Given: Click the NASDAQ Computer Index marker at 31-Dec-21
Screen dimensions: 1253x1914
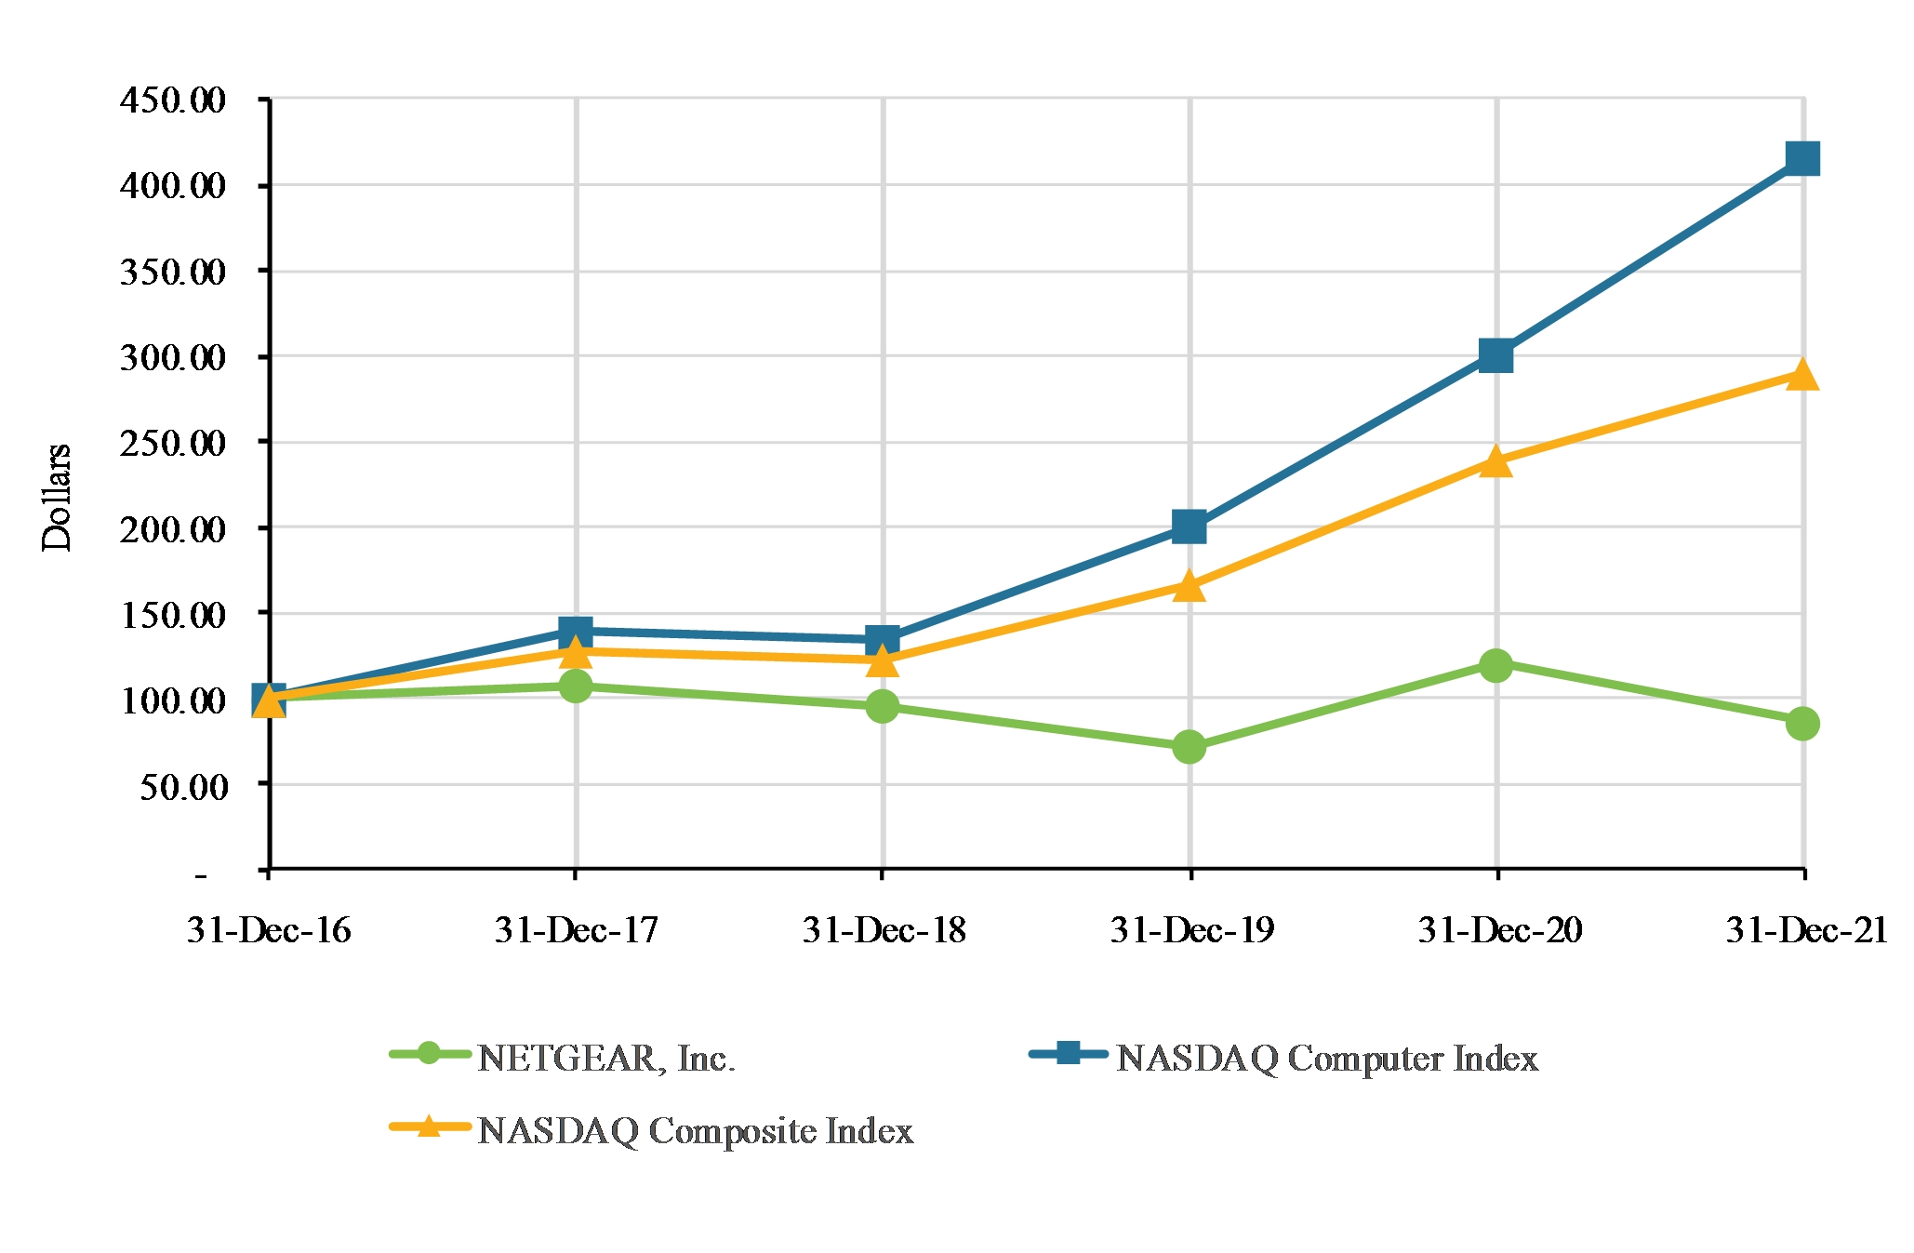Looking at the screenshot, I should (x=1802, y=159).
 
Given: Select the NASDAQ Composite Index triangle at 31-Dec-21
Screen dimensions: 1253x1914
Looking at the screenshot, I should (x=1802, y=375).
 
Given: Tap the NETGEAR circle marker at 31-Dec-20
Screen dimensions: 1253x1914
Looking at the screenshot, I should (x=1495, y=664).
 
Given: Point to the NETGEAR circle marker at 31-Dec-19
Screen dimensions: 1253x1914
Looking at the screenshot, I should (x=1190, y=746).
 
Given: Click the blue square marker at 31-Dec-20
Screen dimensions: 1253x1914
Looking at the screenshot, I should (x=1495, y=355).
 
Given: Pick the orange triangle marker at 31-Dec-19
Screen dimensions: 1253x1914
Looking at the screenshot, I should (x=1190, y=586).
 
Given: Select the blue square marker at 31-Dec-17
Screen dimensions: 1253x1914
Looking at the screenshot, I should (x=576, y=632).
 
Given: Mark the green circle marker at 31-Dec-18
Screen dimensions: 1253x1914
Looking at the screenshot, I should (x=882, y=706).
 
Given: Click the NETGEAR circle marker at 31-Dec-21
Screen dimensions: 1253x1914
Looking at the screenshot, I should (x=1802, y=723).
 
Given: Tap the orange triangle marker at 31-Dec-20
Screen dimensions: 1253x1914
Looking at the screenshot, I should (x=1495, y=461).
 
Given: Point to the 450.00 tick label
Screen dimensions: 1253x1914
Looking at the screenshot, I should (x=173, y=100).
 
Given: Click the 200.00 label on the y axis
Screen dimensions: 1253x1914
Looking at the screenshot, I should (x=173, y=529).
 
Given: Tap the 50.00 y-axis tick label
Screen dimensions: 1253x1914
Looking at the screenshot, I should (x=183, y=787).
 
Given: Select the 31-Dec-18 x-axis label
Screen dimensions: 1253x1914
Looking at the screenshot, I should (x=884, y=930).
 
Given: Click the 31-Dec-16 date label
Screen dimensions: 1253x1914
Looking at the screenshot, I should (x=269, y=930).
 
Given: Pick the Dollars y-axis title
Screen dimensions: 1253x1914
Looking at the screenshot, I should (x=57, y=498).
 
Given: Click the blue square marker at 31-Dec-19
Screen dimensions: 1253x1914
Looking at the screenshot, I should (x=1190, y=527).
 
